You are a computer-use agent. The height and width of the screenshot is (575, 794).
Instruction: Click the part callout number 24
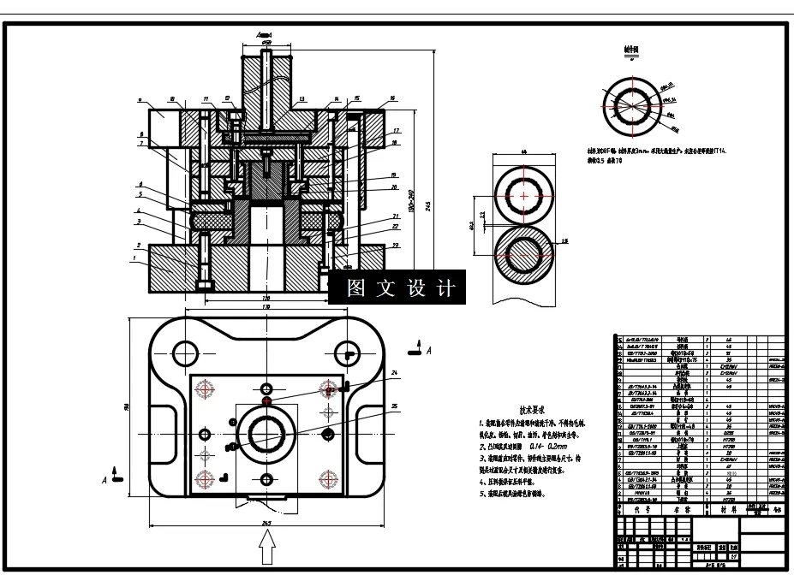tap(394, 374)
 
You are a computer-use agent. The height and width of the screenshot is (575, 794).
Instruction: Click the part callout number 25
tap(394, 406)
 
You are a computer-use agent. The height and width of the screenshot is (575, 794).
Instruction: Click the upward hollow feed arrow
tap(267, 542)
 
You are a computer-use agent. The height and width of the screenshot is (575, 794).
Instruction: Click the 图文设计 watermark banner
tap(397, 288)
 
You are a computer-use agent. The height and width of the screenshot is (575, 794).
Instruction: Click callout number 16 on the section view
tap(391, 99)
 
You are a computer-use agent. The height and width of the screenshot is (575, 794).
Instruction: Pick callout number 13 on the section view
tap(301, 100)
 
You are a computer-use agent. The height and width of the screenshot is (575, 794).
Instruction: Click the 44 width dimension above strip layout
tap(523, 151)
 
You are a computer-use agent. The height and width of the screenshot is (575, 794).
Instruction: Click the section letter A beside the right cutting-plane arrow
tap(429, 351)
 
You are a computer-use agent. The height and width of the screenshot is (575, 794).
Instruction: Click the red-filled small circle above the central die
tap(267, 400)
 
